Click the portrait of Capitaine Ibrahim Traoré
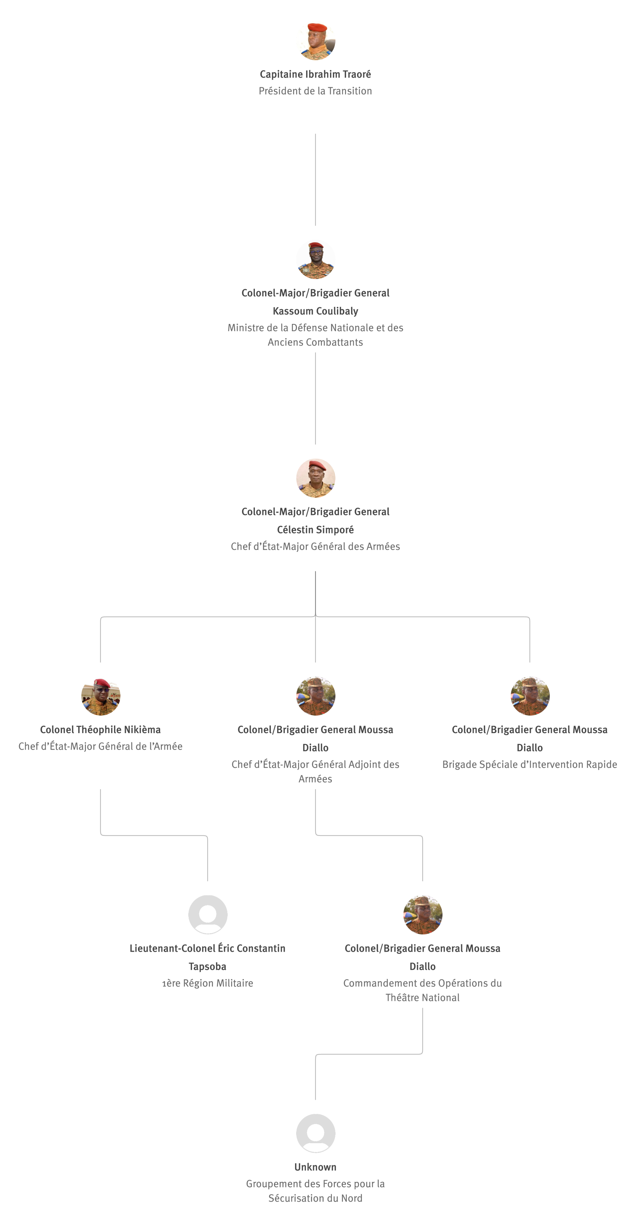tap(316, 40)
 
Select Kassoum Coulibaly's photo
tap(316, 259)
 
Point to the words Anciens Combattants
tap(315, 342)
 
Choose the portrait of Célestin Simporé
tap(316, 478)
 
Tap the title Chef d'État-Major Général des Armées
tap(315, 546)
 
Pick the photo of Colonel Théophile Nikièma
tap(101, 696)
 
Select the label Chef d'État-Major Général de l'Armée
tap(101, 746)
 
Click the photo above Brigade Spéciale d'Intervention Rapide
tap(530, 696)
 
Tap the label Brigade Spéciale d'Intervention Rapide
tap(530, 764)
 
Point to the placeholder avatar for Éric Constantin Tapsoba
tap(208, 914)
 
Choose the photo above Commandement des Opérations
tap(423, 914)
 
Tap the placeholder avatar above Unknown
tap(316, 1133)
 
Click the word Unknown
tap(315, 1167)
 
